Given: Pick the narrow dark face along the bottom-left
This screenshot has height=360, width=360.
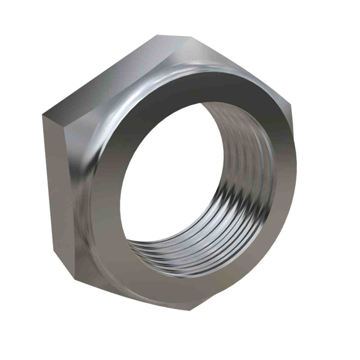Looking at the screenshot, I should click(x=129, y=288).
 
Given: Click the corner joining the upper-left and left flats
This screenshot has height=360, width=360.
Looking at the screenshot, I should click(x=43, y=114).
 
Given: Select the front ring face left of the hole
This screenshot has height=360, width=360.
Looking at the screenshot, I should click(x=105, y=195).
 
